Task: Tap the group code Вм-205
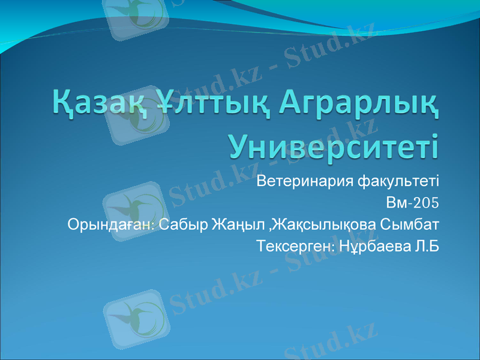pyautogui.click(x=413, y=203)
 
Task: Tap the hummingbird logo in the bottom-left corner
pyautogui.click(x=133, y=318)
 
